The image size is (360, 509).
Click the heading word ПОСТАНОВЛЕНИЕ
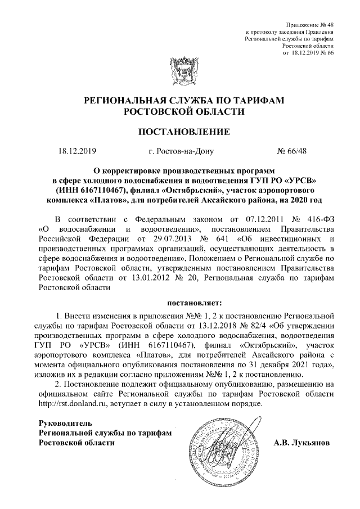184,133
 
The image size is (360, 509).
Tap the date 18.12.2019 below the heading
78,151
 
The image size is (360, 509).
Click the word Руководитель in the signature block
62,422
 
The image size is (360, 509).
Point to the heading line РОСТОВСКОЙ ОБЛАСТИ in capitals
184,111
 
